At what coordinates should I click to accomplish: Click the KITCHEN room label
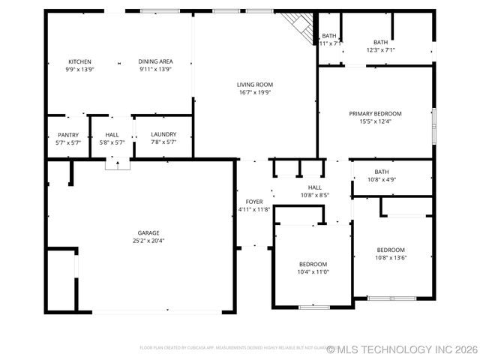(x=80, y=61)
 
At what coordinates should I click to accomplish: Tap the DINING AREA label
(x=155, y=61)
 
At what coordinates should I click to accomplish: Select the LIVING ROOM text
(x=255, y=85)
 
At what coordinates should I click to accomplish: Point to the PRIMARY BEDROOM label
(x=375, y=113)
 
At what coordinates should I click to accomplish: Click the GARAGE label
(x=148, y=232)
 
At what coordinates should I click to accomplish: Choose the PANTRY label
(x=68, y=135)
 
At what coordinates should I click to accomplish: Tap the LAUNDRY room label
(x=163, y=135)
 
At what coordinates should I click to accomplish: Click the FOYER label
(x=254, y=202)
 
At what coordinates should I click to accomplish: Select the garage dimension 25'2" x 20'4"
(x=148, y=241)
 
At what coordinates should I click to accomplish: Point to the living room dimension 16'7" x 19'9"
(x=255, y=93)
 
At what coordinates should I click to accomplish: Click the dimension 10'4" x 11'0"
(x=313, y=271)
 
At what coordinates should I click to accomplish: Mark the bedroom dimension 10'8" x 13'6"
(x=391, y=258)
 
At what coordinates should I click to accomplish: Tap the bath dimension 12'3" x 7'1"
(x=381, y=50)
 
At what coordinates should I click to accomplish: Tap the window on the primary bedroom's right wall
(x=433, y=124)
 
